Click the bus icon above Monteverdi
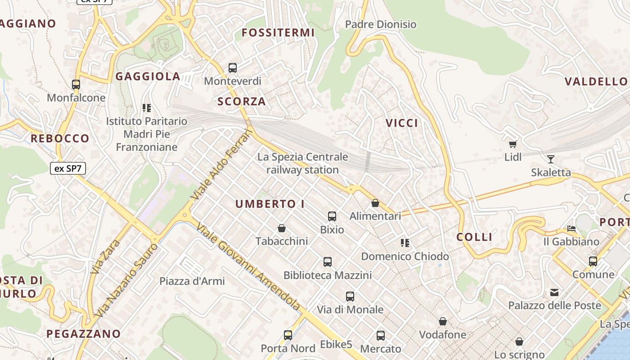233,68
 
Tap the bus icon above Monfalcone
76,84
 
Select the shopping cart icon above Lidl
513,144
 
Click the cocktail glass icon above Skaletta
550,159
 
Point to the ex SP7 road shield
67,169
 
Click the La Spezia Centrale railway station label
302,163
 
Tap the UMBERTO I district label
270,204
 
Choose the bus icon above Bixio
332,216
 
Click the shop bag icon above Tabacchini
282,228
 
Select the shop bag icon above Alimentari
375,203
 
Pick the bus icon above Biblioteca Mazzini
328,262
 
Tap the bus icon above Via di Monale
350,297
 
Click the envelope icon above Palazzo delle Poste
554,292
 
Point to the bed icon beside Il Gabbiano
571,229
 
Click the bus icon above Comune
593,261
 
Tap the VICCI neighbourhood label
402,123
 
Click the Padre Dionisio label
381,24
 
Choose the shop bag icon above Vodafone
443,321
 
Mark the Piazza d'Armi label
192,281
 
